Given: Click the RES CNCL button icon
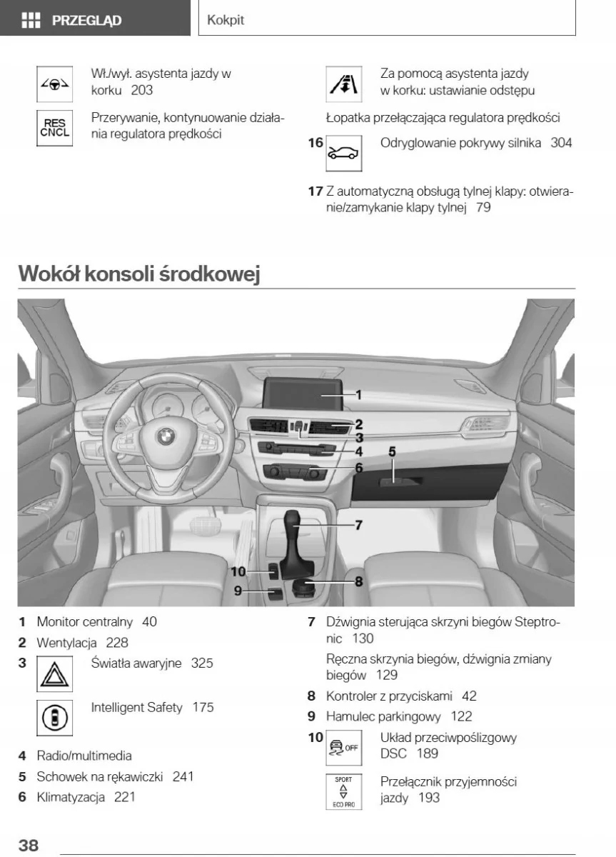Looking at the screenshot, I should (55, 128).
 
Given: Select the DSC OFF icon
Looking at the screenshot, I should (343, 748).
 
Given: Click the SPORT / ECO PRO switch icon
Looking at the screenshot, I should (343, 791).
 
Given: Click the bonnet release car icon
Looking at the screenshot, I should (343, 153).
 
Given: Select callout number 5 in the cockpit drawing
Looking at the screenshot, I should (392, 451).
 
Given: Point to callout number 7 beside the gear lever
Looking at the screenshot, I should (358, 525).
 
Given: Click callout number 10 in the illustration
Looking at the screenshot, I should (238, 571).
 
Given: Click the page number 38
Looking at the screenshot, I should (29, 845).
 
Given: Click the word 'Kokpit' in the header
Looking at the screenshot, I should (226, 20).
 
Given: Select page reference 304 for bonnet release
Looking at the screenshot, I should (561, 143).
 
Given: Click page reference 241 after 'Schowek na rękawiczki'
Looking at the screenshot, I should (183, 776).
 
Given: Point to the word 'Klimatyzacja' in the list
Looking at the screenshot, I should (71, 796).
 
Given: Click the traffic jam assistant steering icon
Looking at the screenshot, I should (55, 84).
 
